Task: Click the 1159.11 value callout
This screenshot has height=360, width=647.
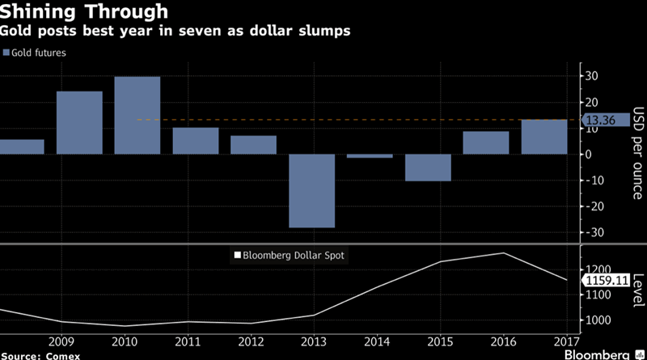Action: (x=605, y=280)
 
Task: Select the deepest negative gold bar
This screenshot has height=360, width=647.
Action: (x=312, y=191)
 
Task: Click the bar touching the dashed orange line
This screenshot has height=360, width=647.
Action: (x=544, y=137)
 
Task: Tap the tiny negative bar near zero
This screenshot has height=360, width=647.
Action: (x=370, y=155)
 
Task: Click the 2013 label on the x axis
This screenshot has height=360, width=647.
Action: (x=311, y=341)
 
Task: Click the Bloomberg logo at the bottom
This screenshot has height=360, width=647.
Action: (x=598, y=354)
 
